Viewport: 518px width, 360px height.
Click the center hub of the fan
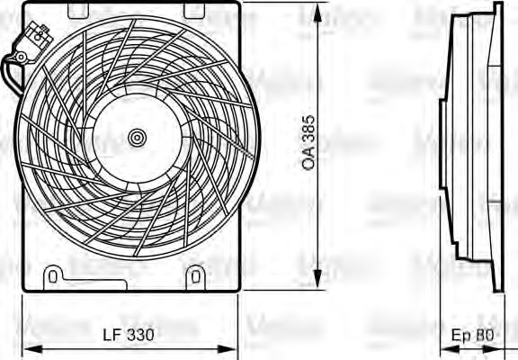[x=136, y=138]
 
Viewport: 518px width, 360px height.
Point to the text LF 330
[x=129, y=335]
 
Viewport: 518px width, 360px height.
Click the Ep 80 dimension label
[x=473, y=335]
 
